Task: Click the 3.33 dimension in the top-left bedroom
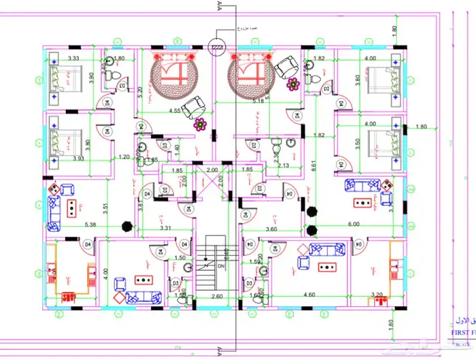[x=73, y=59]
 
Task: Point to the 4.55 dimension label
[x=175, y=110]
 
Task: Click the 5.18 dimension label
[x=258, y=101]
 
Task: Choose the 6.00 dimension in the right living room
[x=354, y=224]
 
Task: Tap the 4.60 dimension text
[x=308, y=295]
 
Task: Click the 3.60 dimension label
[x=270, y=229]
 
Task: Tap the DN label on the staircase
[x=220, y=267]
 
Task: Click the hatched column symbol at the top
[x=218, y=46]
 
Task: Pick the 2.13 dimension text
[x=284, y=165]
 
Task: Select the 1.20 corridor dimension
[x=124, y=157]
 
